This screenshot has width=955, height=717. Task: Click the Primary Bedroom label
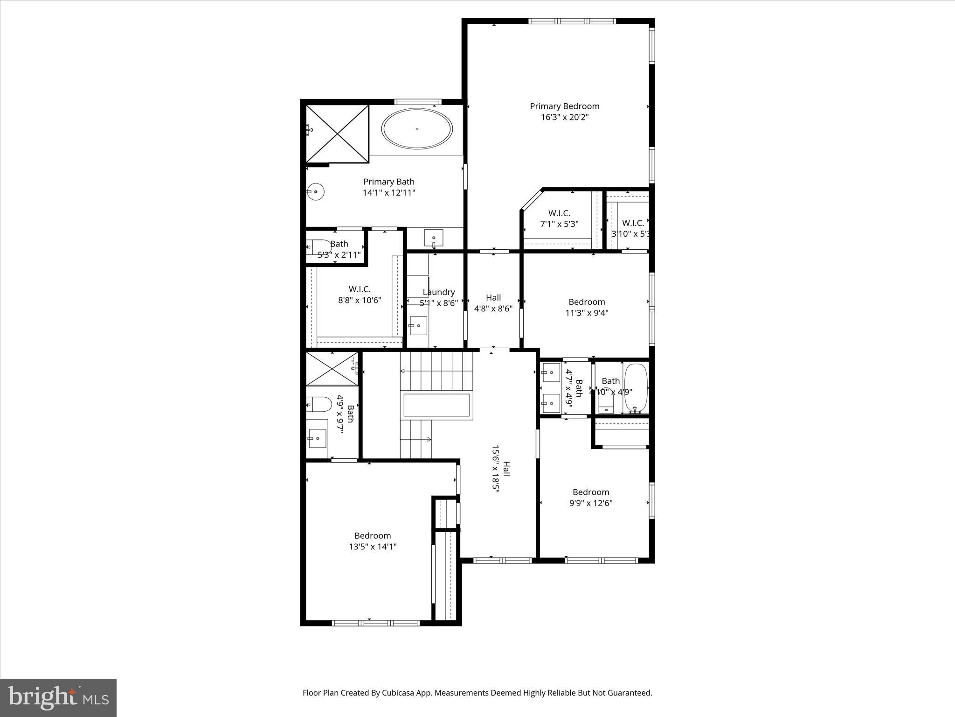point(564,106)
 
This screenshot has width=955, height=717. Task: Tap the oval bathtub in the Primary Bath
point(417,129)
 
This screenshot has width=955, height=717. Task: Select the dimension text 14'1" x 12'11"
point(389,193)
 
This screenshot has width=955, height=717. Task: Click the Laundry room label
point(438,292)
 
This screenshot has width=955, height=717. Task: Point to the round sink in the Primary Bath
point(316,191)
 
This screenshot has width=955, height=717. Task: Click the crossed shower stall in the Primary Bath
point(337,134)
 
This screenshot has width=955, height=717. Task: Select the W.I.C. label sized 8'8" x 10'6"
point(360,289)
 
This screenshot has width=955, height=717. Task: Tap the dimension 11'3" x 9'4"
point(587,313)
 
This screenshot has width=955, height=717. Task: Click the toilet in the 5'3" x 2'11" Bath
point(318,246)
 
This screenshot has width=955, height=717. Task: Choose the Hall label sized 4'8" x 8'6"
point(493,298)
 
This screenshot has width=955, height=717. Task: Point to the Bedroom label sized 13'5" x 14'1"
point(372,536)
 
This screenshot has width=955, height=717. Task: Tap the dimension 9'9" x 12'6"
point(590,503)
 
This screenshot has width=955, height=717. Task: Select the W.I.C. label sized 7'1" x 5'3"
point(559,213)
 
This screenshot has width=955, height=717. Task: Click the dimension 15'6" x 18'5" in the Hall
point(495,475)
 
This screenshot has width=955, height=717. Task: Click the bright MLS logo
point(58,697)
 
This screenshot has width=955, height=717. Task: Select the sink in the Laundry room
point(418,325)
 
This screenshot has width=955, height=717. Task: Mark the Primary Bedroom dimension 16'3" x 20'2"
point(564,117)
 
